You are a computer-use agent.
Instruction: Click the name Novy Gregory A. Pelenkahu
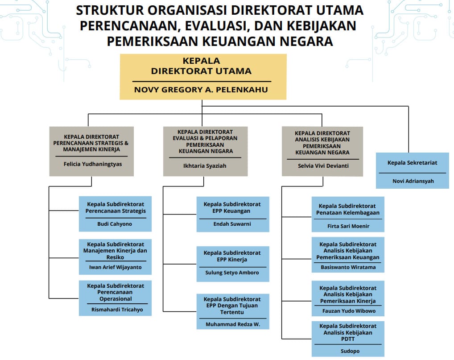(x=201, y=90)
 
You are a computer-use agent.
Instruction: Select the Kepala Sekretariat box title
(x=413, y=163)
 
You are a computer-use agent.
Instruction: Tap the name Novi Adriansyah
(x=413, y=181)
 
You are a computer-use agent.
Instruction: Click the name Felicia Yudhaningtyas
(x=93, y=164)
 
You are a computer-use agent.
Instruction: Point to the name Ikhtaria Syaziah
(x=205, y=166)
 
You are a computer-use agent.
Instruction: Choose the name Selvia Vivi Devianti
(x=323, y=166)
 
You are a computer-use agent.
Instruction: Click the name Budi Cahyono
(x=115, y=224)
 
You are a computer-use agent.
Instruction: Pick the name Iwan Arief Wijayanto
(x=115, y=267)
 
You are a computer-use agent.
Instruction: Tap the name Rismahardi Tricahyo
(x=117, y=310)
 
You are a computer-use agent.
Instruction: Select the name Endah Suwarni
(x=232, y=224)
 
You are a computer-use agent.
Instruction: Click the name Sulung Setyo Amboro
(x=232, y=273)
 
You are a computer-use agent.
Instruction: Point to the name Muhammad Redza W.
(x=233, y=324)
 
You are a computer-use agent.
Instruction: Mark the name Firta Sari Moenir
(x=348, y=226)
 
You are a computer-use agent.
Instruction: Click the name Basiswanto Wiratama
(x=348, y=267)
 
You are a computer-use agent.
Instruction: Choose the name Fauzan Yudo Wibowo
(x=349, y=311)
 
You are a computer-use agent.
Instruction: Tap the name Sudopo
(x=350, y=351)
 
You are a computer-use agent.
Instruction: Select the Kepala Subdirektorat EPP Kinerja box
(x=233, y=264)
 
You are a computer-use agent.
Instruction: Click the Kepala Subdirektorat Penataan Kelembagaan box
(x=348, y=214)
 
